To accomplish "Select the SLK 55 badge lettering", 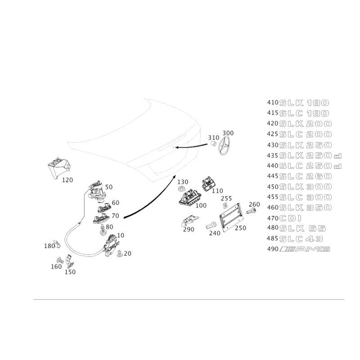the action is pos(302,229).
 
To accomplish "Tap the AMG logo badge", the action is pos(305,249).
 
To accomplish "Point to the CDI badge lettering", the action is pos(290,218).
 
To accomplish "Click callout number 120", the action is pos(67,180).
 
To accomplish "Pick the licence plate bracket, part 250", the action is pos(231,216).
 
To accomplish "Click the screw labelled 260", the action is pos(252,210).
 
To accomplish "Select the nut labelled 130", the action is pos(181,189).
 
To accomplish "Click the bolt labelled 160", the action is pos(60,261).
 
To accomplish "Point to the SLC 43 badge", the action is pos(301,239).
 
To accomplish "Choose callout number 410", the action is pos(273,103).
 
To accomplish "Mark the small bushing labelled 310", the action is pos(213,144).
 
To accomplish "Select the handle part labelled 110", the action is pos(208,184).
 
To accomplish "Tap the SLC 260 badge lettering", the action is pos(306,176).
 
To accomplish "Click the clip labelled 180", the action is pos(57,244).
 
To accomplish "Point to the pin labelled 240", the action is pos(211,225).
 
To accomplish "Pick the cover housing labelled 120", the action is pos(59,167).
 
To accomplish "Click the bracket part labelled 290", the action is pos(190,220).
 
